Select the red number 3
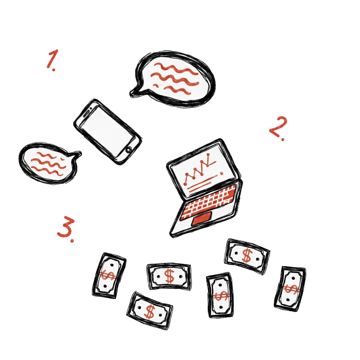(x=66, y=227)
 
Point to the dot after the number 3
(x=72, y=240)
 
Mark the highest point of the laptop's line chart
(x=208, y=155)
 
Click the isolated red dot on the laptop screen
(x=221, y=173)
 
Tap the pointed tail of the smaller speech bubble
(x=78, y=154)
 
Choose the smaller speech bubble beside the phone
(x=49, y=163)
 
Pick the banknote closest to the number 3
(x=109, y=276)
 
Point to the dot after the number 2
(x=282, y=139)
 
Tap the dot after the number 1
(x=53, y=69)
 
